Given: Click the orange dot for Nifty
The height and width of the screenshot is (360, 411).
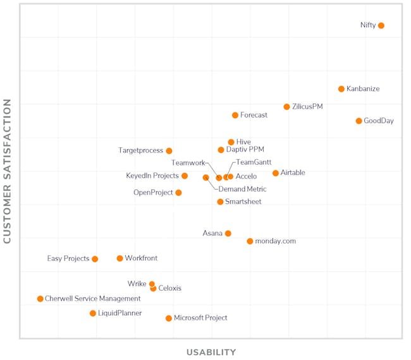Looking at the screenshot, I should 381,26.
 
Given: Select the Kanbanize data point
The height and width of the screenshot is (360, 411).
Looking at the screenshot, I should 341,89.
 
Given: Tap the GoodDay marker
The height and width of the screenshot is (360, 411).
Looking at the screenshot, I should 359,121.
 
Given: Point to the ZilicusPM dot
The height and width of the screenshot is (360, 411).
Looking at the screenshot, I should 286,107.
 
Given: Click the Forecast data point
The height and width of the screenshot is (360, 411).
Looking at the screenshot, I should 235,116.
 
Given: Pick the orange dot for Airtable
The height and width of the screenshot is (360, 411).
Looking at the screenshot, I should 275,173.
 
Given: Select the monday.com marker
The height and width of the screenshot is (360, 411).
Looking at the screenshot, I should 250,241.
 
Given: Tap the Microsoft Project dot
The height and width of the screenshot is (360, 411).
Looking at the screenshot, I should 169,318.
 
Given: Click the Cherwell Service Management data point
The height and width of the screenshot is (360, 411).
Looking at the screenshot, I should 40,299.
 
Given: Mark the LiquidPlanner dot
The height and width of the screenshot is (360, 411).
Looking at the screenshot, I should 93,313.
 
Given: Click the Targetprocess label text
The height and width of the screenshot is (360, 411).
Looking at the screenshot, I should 140,151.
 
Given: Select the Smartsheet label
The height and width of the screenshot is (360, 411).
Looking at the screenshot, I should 243,202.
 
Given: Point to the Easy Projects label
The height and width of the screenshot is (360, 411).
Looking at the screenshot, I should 68,259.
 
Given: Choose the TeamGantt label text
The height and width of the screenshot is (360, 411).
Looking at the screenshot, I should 254,162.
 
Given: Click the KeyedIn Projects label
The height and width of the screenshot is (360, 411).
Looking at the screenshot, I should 152,176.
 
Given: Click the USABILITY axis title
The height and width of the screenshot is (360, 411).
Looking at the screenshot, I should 211,352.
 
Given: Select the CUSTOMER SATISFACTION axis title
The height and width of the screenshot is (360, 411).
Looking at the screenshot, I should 8,171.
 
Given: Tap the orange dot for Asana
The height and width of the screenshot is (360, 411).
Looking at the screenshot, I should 228,234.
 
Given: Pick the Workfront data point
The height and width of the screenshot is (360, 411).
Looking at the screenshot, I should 120,258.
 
